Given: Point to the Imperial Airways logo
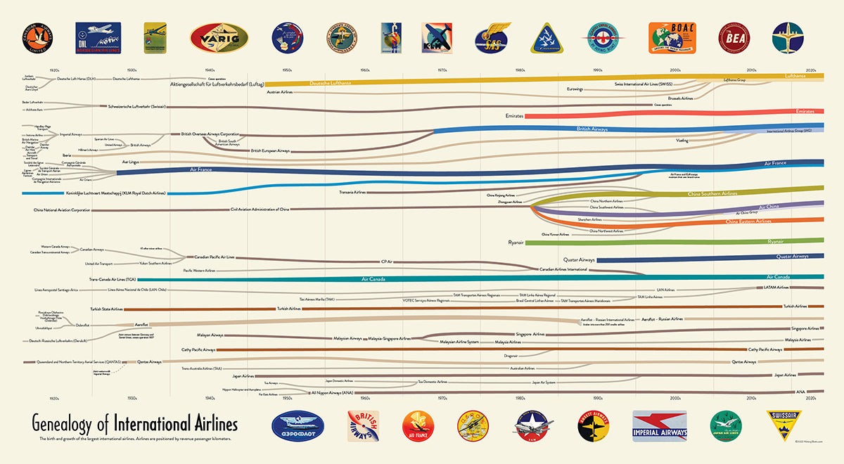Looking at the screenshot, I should tap(660, 425).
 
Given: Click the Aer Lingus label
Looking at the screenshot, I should tap(131, 162).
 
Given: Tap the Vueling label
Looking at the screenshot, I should tap(682, 141).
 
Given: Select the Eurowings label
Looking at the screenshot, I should tap(575, 89).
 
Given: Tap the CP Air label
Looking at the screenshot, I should tap(386, 262).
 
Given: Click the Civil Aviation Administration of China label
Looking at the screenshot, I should tap(260, 209).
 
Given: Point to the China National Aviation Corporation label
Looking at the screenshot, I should tap(62, 210).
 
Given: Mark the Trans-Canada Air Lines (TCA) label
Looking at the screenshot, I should tap(112, 279).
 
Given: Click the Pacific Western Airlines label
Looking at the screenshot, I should tap(199, 270).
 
